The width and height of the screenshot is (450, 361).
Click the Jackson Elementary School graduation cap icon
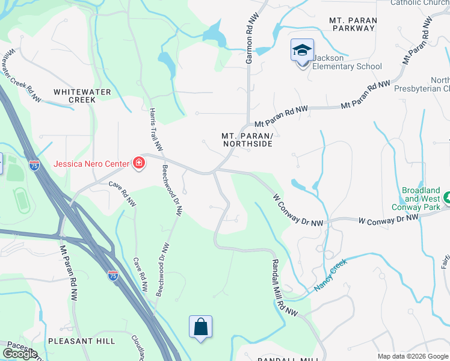pyautogui.click(x=302, y=51)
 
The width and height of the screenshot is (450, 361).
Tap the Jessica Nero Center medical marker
pyautogui.click(x=139, y=163)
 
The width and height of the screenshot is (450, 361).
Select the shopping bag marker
pyautogui.click(x=201, y=327)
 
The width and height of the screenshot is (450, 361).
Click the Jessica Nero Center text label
pyautogui.click(x=91, y=164)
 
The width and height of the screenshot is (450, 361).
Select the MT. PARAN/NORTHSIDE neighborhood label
pyautogui.click(x=247, y=140)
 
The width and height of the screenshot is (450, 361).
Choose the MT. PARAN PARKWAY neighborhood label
pyautogui.click(x=353, y=25)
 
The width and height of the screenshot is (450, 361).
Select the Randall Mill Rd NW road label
pyautogui.click(x=284, y=288)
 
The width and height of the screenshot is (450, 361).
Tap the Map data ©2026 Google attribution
pyautogui.click(x=413, y=356)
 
